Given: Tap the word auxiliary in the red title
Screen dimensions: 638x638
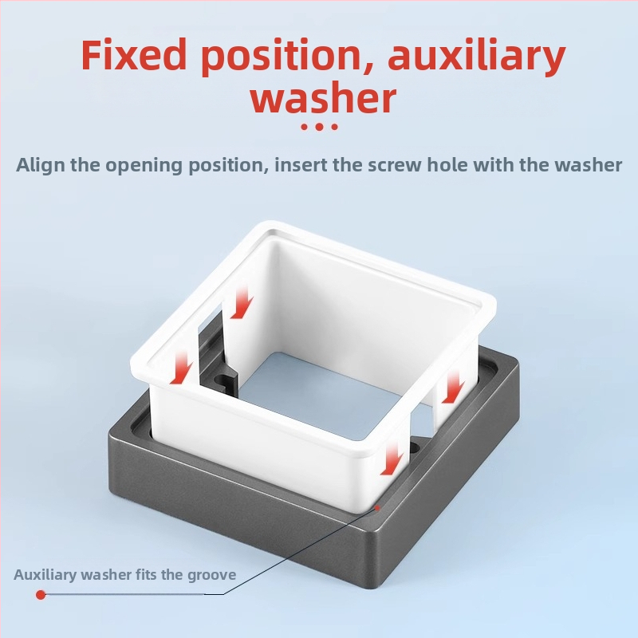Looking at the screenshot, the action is click(476, 57).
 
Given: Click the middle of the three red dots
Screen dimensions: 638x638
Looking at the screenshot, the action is click(319, 127).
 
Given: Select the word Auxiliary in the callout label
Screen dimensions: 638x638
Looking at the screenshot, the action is click(45, 574).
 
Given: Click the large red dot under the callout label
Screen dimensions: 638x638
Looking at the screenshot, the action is click(41, 595).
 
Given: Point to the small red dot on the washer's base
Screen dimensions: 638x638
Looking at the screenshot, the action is click(377, 508).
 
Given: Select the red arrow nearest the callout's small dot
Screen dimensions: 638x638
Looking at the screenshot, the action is click(392, 459).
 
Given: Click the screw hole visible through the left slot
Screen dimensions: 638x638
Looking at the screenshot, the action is click(222, 382).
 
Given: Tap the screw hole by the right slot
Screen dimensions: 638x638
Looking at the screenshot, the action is click(414, 447).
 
